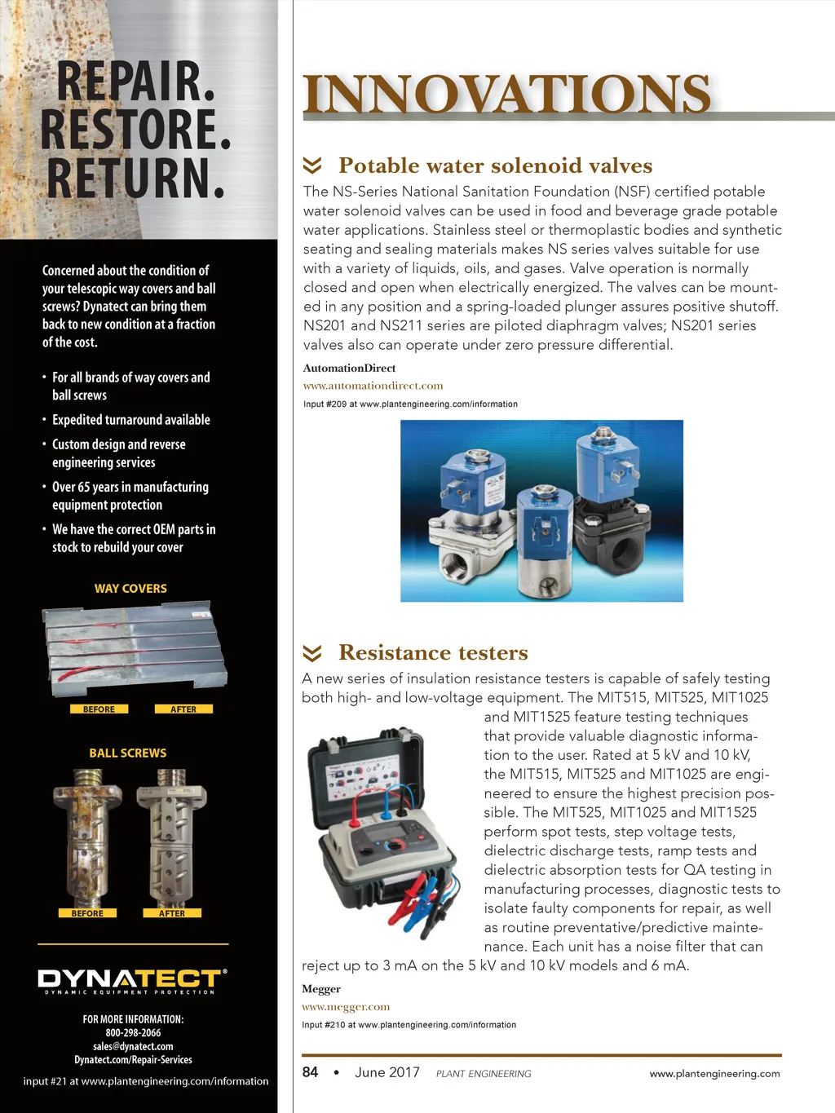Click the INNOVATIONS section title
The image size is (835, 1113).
[506, 95]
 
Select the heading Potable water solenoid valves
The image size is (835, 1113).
[495, 166]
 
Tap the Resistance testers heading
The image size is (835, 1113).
[433, 652]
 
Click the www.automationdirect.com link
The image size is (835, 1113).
[373, 386]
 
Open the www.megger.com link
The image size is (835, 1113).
[346, 1007]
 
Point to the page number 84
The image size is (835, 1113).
[310, 1072]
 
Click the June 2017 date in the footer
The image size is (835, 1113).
[387, 1072]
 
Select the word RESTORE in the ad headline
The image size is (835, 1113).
[135, 130]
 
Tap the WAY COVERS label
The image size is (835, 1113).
[130, 589]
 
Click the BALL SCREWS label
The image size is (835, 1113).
[128, 753]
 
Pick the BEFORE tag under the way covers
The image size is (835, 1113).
[99, 709]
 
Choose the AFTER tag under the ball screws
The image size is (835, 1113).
[172, 913]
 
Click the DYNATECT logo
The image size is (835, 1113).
[132, 979]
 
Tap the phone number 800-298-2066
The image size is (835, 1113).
[133, 1033]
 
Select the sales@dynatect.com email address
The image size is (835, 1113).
[133, 1046]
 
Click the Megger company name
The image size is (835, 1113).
[321, 989]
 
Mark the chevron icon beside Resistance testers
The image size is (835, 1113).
[312, 653]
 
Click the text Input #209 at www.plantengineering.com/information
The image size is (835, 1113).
[410, 404]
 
